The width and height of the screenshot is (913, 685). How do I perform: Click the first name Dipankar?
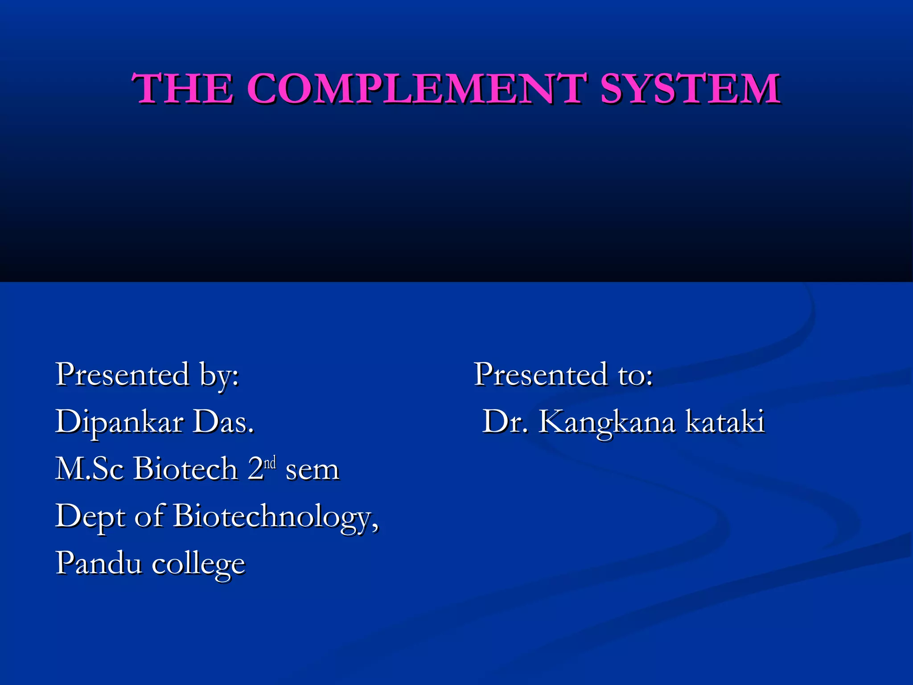pyautogui.click(x=119, y=422)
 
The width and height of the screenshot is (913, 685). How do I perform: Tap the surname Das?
pyautogui.click(x=223, y=421)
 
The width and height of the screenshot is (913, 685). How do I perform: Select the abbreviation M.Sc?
pyautogui.click(x=89, y=469)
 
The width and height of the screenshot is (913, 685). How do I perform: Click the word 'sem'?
pyautogui.click(x=313, y=470)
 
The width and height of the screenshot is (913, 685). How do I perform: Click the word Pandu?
pyautogui.click(x=99, y=563)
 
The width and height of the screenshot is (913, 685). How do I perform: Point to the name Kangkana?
pyautogui.click(x=607, y=422)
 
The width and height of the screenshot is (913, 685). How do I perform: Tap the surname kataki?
pyautogui.click(x=725, y=421)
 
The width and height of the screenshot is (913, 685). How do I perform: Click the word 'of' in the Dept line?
pyautogui.click(x=150, y=516)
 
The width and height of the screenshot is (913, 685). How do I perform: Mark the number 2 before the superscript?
pyautogui.click(x=255, y=469)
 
